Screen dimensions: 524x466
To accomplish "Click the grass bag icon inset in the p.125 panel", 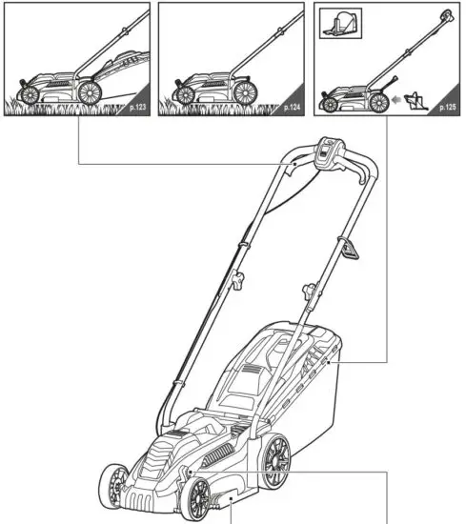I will coord(341,26).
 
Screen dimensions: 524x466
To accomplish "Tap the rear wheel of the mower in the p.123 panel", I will coord(91,93).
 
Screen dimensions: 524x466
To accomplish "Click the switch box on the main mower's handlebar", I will coord(332,152).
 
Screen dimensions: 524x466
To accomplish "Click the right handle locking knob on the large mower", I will coord(309,290).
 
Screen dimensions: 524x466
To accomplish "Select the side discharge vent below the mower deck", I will coord(229,500).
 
